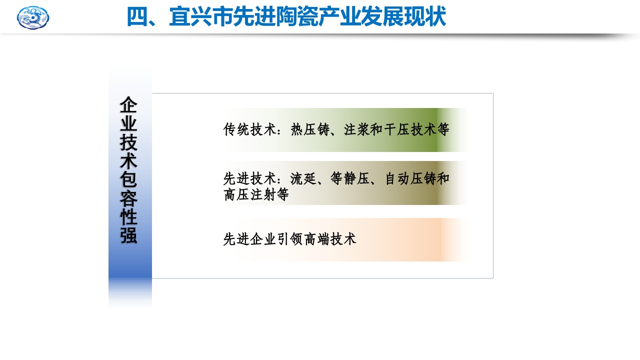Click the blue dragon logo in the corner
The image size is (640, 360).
33,17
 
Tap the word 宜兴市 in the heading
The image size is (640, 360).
200,17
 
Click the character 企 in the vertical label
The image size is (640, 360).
128,105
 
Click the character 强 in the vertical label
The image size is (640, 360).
128,235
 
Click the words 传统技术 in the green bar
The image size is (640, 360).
249,130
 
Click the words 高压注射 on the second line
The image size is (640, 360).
249,194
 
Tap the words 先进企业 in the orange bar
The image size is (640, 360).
249,239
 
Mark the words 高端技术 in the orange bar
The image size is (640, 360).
330,239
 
